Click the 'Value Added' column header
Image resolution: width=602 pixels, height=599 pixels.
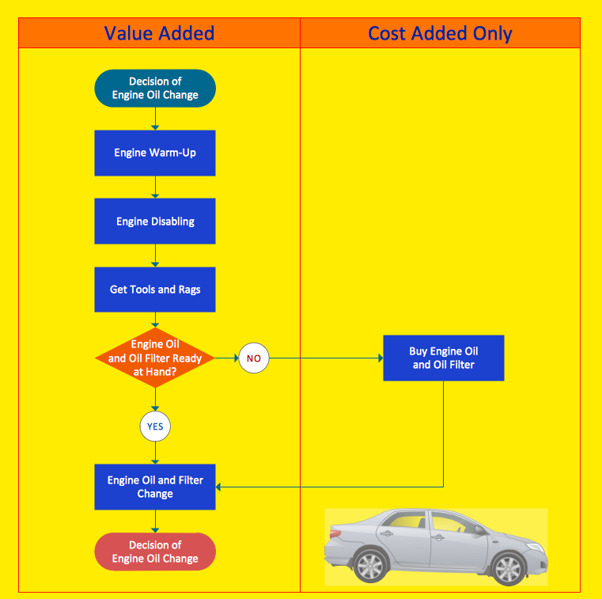(x=159, y=33)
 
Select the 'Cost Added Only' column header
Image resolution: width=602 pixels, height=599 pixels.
(x=440, y=33)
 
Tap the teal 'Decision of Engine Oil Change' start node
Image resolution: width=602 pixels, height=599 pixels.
(x=155, y=88)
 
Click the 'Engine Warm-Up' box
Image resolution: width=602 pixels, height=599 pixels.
(x=155, y=153)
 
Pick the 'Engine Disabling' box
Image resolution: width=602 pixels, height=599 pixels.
(x=155, y=222)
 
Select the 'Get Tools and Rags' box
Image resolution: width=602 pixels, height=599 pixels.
(x=155, y=290)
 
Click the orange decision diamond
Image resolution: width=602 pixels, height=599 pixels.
(x=155, y=358)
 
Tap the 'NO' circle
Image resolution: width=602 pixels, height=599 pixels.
(x=253, y=358)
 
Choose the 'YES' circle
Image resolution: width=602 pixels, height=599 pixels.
(x=155, y=427)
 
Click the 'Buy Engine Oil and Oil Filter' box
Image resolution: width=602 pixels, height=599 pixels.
(x=443, y=358)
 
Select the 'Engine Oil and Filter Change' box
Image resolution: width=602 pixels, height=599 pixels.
(x=155, y=487)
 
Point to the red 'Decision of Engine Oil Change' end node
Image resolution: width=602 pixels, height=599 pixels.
(x=155, y=552)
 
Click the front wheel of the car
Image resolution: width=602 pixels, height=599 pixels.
(x=369, y=566)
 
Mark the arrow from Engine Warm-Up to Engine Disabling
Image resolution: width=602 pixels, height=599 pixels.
(x=155, y=188)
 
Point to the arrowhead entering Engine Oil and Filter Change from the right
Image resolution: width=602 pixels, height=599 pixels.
(x=219, y=487)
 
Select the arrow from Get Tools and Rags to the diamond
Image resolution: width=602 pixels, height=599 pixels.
(x=155, y=320)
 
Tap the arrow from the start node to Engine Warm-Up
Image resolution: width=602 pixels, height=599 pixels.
(x=155, y=119)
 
